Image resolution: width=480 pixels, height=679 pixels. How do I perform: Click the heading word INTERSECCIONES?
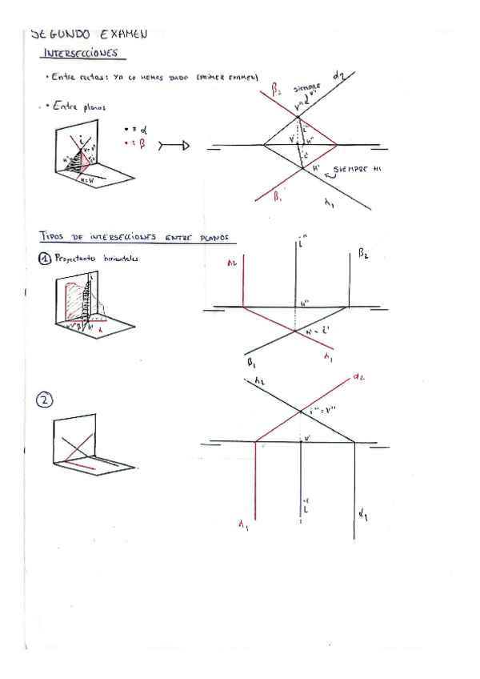pyautogui.click(x=83, y=54)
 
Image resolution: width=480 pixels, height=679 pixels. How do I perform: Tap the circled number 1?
pyautogui.click(x=46, y=259)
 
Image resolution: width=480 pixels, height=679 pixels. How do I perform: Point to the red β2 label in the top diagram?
pyautogui.click(x=276, y=91)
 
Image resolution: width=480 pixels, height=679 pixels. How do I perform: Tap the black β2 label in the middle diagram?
pyautogui.click(x=362, y=255)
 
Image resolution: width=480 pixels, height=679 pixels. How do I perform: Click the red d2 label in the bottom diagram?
pyautogui.click(x=358, y=376)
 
